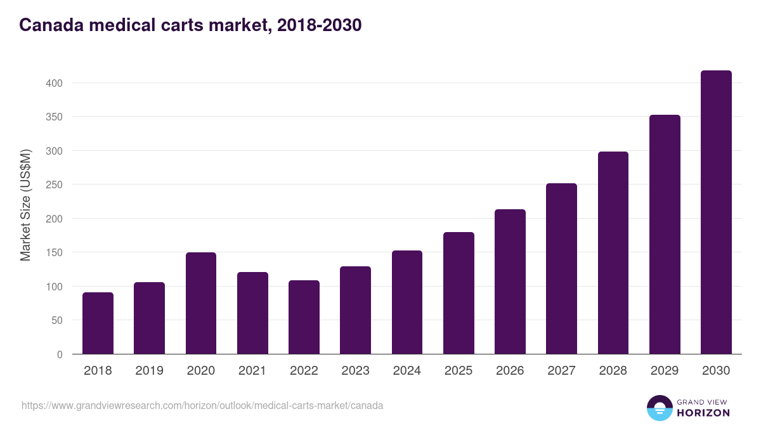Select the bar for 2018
click(98, 323)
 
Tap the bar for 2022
click(304, 317)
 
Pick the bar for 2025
click(459, 293)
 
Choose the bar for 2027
click(561, 269)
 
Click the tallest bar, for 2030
click(716, 212)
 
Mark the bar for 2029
click(665, 235)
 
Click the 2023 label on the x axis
click(355, 371)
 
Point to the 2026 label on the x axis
click(510, 371)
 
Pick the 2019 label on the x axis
click(149, 371)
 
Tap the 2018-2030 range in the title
click(319, 25)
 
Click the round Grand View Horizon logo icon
click(660, 408)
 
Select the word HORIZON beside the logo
click(703, 413)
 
